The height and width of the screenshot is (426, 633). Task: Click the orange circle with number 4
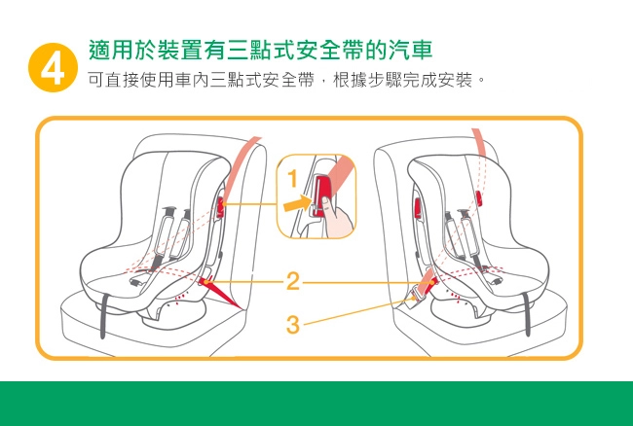(53, 67)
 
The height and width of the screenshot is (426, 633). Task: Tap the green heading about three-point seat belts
(260, 50)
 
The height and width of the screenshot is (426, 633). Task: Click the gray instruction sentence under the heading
(285, 81)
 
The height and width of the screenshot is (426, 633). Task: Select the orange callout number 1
(293, 179)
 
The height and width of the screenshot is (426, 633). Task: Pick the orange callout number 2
(293, 281)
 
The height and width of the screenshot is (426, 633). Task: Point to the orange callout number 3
(293, 325)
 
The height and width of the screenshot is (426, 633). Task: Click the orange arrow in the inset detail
(298, 202)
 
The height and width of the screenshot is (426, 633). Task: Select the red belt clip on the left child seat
(220, 207)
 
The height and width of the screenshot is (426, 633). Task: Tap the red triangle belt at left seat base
(220, 293)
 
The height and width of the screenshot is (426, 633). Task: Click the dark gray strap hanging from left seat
(103, 315)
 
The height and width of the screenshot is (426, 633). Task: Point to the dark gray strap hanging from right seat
(526, 313)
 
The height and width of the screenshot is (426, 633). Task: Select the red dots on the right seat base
(455, 297)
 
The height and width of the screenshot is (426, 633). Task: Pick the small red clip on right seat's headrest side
(479, 198)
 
